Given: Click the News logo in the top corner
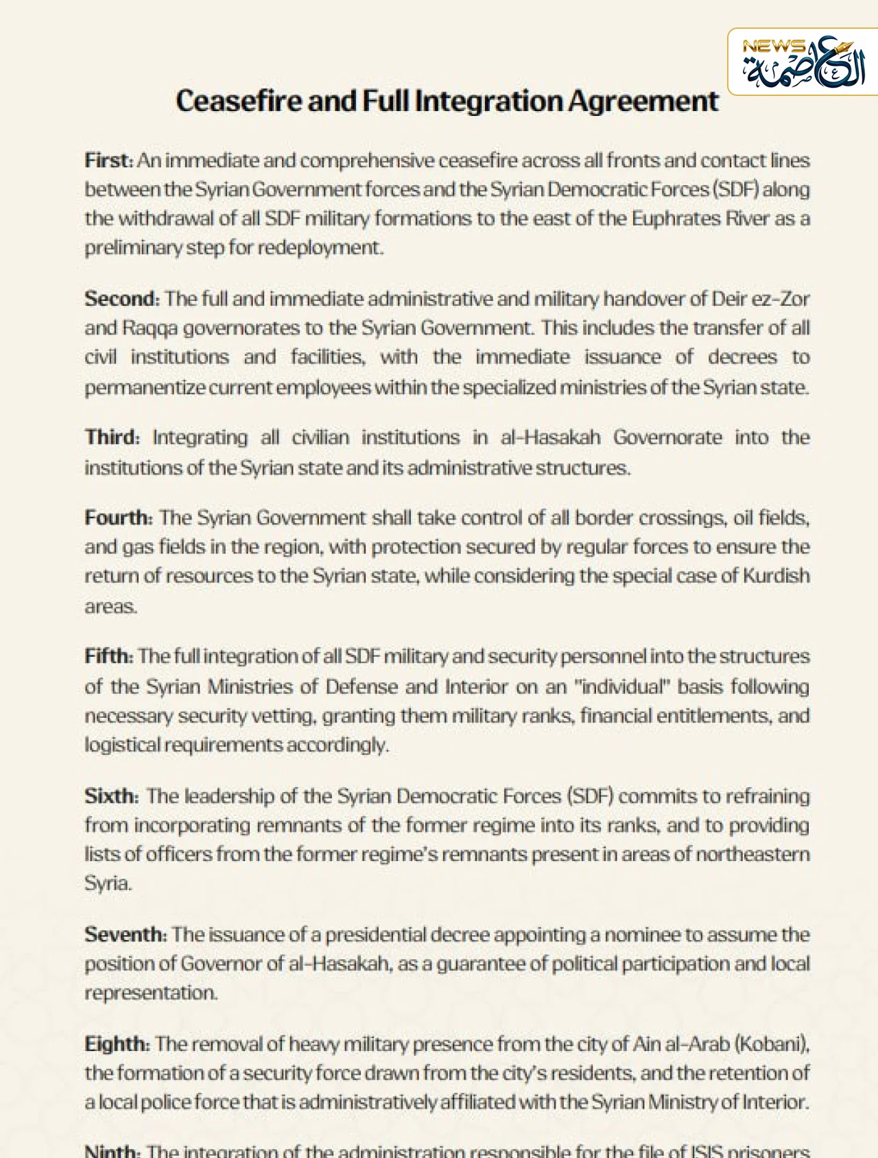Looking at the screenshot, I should (803, 62).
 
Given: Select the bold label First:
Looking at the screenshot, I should (108, 160).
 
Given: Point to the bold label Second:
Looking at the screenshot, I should (122, 299).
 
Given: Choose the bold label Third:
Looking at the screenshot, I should (112, 437).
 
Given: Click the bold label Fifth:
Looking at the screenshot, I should (108, 656).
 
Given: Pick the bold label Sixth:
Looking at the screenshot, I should (111, 796).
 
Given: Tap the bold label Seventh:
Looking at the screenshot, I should (126, 934).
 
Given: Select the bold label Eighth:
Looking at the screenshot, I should (117, 1044).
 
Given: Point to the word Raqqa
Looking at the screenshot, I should (150, 328).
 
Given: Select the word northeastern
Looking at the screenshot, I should (761, 854).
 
